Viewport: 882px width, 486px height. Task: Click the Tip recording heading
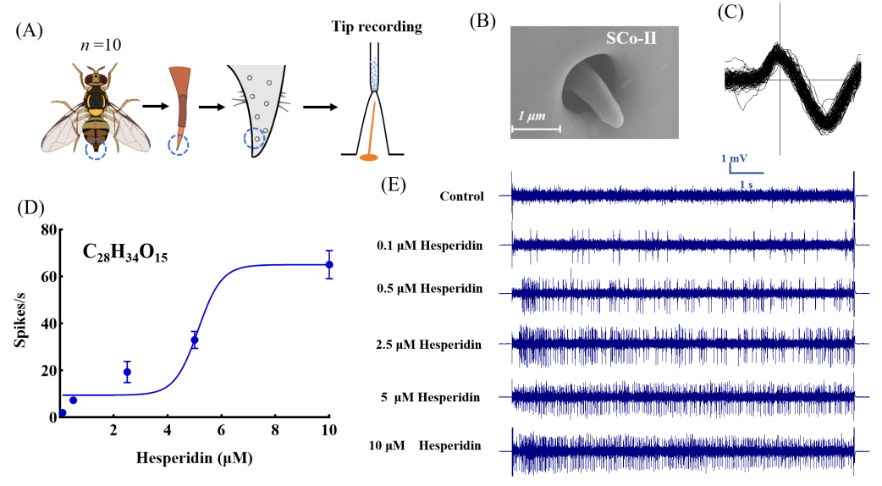tap(377, 27)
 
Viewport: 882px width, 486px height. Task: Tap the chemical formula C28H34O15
tap(126, 251)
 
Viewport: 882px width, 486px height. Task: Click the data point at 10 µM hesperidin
tap(329, 264)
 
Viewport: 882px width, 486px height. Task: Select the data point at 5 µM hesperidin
tap(195, 340)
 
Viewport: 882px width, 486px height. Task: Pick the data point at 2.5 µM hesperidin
tap(127, 372)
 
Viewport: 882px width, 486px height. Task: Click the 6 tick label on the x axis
tap(222, 430)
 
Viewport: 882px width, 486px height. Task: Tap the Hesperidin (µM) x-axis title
tap(194, 458)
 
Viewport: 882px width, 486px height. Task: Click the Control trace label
tap(462, 196)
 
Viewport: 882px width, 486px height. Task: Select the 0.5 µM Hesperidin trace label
tap(430, 289)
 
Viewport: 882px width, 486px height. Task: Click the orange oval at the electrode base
tap(368, 157)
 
